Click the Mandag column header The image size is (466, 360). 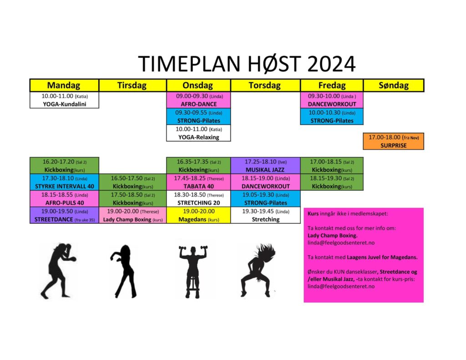point(64,85)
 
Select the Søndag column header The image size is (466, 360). point(394,85)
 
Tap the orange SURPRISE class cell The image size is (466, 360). point(394,141)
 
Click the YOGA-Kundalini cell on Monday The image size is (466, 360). point(64,100)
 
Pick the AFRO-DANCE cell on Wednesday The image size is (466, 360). point(198,100)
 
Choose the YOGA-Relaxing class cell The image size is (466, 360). point(198,133)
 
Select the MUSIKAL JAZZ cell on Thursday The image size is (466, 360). point(265,166)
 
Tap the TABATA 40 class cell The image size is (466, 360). point(198,182)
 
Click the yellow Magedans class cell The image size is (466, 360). point(198,215)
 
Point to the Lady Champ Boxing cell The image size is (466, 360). point(132,215)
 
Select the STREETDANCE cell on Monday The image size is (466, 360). point(64,215)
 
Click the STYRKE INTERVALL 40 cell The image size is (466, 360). point(64,182)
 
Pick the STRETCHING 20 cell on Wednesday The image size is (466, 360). point(198,198)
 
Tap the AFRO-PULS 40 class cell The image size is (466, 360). point(64,198)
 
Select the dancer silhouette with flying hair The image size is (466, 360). point(258,270)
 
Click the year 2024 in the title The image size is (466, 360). point(331,64)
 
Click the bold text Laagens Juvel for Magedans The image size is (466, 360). point(382,257)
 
